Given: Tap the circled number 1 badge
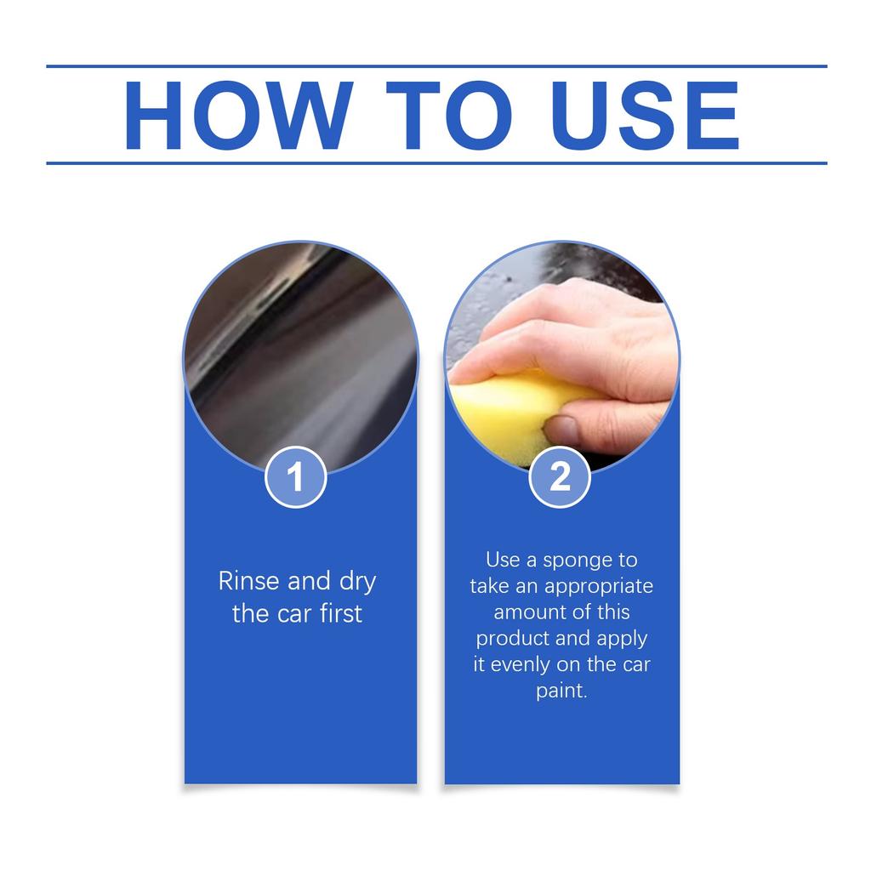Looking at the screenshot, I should [296, 477].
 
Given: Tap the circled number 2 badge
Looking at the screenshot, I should [560, 477].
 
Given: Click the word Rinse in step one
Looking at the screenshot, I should [249, 581].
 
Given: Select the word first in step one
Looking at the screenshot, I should [341, 613].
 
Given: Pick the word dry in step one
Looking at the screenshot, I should [358, 583].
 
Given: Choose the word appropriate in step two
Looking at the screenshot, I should [599, 588].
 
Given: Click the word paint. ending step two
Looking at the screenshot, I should [561, 691].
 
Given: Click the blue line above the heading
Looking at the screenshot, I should [435, 65].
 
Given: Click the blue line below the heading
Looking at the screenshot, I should [435, 162].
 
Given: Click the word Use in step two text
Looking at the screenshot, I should [502, 561].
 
